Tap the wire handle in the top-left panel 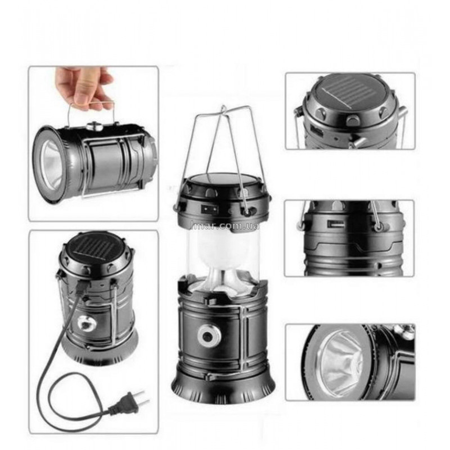(92, 112)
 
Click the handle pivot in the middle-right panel (378, 227)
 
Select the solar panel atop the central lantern (221, 179)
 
